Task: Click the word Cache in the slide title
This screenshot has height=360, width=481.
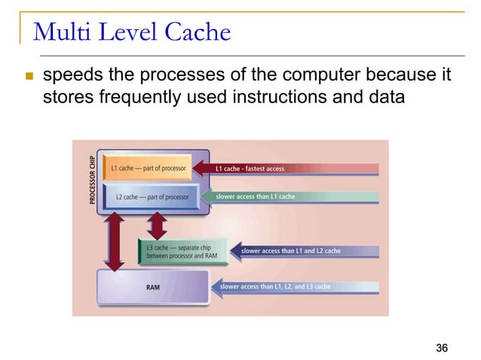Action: pyautogui.click(x=195, y=32)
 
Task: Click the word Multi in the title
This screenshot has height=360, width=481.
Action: pyautogui.click(x=59, y=32)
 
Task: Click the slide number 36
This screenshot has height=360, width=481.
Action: pyautogui.click(x=442, y=347)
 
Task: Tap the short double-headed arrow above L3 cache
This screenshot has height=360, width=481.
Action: pyautogui.click(x=157, y=224)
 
